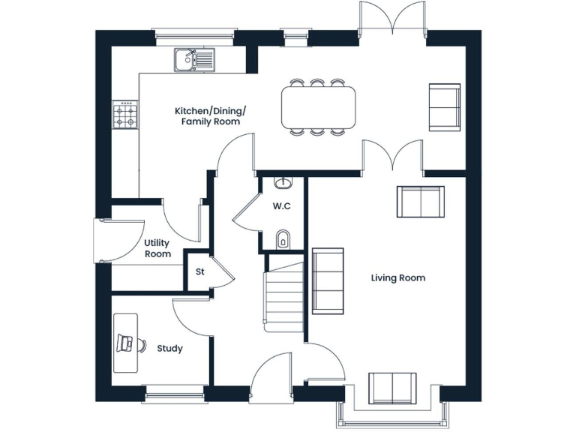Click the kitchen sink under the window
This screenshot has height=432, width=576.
coord(194,58)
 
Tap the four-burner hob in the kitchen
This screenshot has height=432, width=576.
coord(125,115)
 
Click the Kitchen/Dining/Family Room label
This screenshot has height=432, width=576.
coord(210,115)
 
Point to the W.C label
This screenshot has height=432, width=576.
coord(282,205)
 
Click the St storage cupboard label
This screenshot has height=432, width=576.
coord(199,271)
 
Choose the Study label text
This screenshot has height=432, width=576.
coord(169,348)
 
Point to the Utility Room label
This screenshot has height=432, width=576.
coord(157,248)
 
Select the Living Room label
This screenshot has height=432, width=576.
coord(398,277)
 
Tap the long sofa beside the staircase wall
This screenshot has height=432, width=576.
coord(328,280)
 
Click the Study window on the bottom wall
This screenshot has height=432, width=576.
coord(173,391)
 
